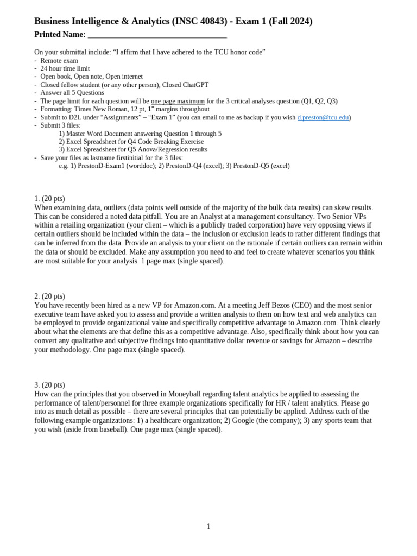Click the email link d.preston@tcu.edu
(x=323, y=117)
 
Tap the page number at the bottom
(x=208, y=526)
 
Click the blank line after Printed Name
(x=157, y=35)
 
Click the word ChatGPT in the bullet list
(x=193, y=85)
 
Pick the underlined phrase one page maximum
(x=178, y=101)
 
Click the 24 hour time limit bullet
(x=65, y=69)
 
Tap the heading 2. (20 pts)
(x=49, y=296)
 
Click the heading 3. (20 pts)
(x=49, y=385)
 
